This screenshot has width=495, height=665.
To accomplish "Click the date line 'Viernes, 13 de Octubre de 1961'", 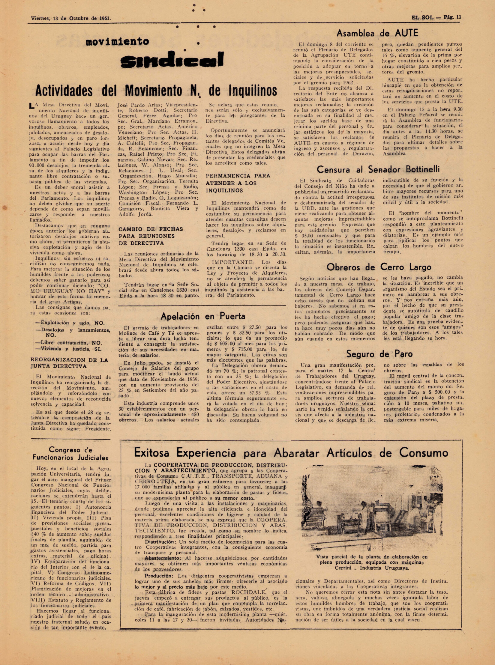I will point(71,18).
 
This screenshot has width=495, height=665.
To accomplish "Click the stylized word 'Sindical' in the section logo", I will point(172,60).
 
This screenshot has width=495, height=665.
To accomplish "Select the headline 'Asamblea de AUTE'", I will point(377,33).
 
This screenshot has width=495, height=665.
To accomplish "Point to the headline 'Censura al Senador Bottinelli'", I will point(378,170).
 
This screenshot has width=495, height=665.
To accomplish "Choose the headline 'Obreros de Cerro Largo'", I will point(379,267).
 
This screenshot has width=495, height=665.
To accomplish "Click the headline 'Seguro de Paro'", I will point(379,354).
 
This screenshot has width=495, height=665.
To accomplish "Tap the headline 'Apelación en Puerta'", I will point(202,316).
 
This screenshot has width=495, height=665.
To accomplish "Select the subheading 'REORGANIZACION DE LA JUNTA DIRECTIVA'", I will point(69,363).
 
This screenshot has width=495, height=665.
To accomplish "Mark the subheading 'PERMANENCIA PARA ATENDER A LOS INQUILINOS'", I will point(238,183).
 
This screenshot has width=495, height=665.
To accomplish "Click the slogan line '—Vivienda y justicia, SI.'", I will point(68,349).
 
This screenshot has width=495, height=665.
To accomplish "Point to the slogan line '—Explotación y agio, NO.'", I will point(70,323).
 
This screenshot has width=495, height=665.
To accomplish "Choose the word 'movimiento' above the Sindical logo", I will point(117,41).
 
